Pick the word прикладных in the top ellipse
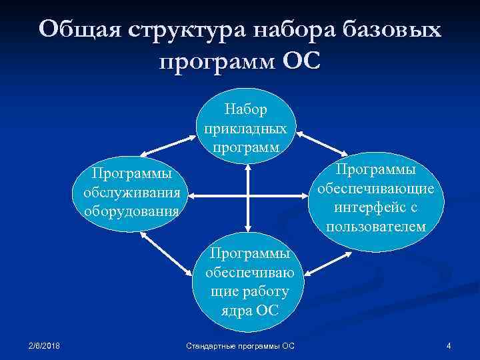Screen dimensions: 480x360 pyautogui.click(x=246, y=127)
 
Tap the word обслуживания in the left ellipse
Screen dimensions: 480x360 pyautogui.click(x=131, y=193)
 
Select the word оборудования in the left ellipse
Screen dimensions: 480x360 pyautogui.click(x=131, y=211)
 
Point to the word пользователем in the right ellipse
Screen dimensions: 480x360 pyautogui.click(x=376, y=227)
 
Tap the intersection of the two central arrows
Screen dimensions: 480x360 pyautogui.click(x=247, y=196)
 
